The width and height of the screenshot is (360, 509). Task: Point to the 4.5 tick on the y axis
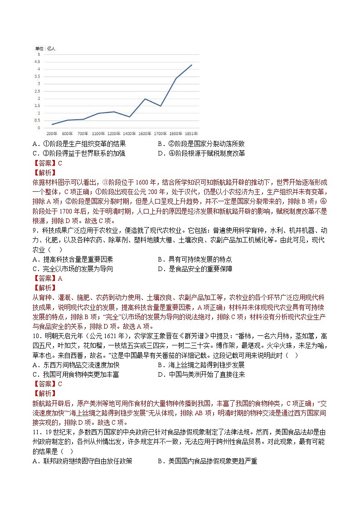(x=39, y=62)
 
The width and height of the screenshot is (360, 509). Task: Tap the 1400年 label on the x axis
(x=129, y=134)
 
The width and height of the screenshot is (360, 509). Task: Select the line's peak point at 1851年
(x=192, y=65)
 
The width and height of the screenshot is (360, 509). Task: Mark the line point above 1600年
(x=145, y=99)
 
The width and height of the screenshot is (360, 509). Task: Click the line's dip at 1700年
(x=160, y=106)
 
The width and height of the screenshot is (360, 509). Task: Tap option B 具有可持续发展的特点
(x=195, y=259)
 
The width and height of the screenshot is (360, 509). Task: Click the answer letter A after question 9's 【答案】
(x=60, y=278)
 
